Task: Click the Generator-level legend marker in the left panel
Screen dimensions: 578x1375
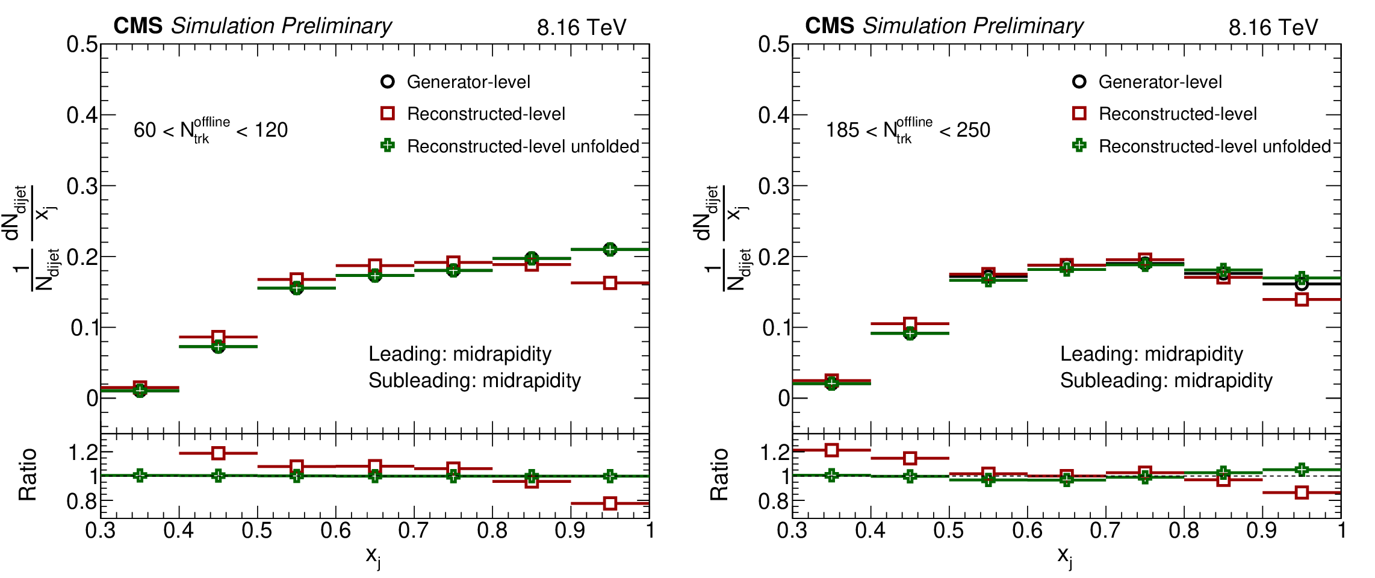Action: point(388,81)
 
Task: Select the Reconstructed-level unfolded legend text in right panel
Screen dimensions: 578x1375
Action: point(1214,146)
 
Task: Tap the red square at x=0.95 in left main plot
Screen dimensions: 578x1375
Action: point(610,283)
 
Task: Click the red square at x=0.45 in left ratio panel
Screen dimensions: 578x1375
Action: point(219,453)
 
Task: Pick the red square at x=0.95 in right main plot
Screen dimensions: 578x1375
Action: point(1302,299)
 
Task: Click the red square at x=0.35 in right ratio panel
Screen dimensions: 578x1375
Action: point(832,450)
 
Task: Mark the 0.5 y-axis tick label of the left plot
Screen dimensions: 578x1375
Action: point(82,45)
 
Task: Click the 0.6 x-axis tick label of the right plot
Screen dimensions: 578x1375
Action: point(1027,531)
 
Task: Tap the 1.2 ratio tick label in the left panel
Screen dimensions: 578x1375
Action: point(83,452)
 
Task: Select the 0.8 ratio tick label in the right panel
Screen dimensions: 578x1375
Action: point(774,501)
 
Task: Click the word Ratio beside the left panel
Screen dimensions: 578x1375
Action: point(28,475)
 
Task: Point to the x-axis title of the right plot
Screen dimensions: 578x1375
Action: point(1065,556)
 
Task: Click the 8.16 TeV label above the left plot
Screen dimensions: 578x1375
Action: point(582,28)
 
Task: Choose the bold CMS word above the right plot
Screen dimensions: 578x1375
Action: point(830,26)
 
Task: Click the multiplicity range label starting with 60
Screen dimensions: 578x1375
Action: point(211,130)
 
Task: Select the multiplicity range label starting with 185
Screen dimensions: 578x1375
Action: point(908,130)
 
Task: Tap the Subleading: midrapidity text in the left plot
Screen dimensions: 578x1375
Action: point(474,381)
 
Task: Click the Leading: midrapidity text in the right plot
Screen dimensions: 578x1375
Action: point(1151,354)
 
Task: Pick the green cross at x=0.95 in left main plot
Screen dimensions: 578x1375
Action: point(610,249)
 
